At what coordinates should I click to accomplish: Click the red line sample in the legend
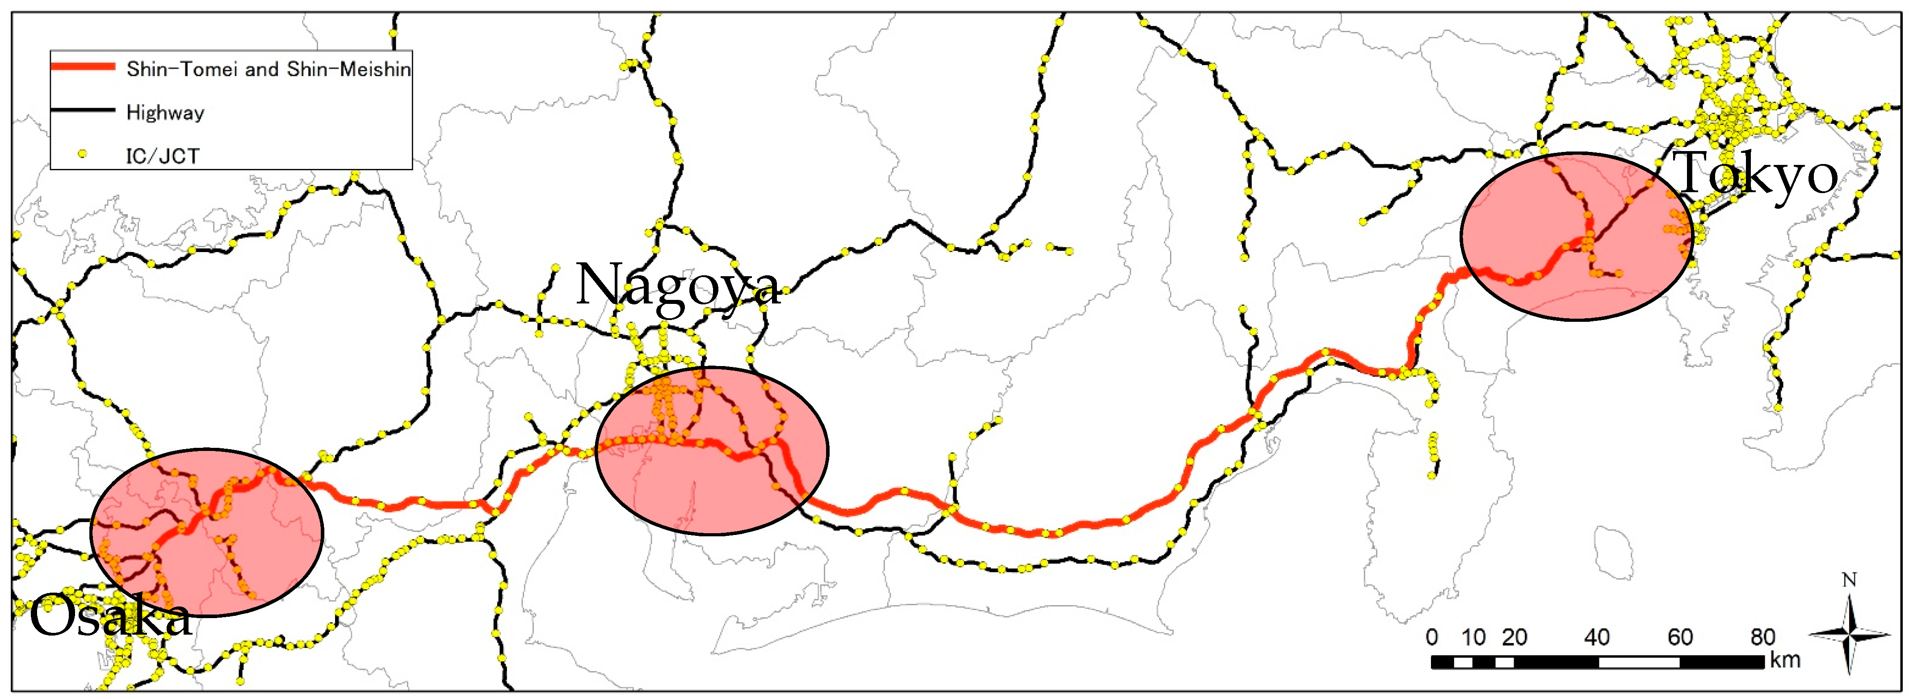[x=82, y=67]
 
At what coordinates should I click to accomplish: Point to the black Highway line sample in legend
[x=82, y=110]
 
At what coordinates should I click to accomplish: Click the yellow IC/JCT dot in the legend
[x=82, y=154]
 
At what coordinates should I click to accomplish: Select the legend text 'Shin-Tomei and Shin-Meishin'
[x=268, y=69]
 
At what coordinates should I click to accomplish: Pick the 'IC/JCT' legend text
[x=162, y=156]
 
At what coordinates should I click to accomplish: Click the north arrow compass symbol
[x=1849, y=634]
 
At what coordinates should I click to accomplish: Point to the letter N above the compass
[x=1850, y=580]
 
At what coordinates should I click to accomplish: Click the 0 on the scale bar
[x=1432, y=637]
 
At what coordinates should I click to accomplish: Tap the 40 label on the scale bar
[x=1597, y=637]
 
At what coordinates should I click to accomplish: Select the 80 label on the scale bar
[x=1763, y=637]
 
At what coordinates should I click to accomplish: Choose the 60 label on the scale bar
[x=1680, y=637]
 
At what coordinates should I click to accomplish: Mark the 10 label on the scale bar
[x=1473, y=637]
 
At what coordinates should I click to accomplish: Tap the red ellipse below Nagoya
[x=711, y=451]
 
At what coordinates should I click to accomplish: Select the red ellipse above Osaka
[x=207, y=531]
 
